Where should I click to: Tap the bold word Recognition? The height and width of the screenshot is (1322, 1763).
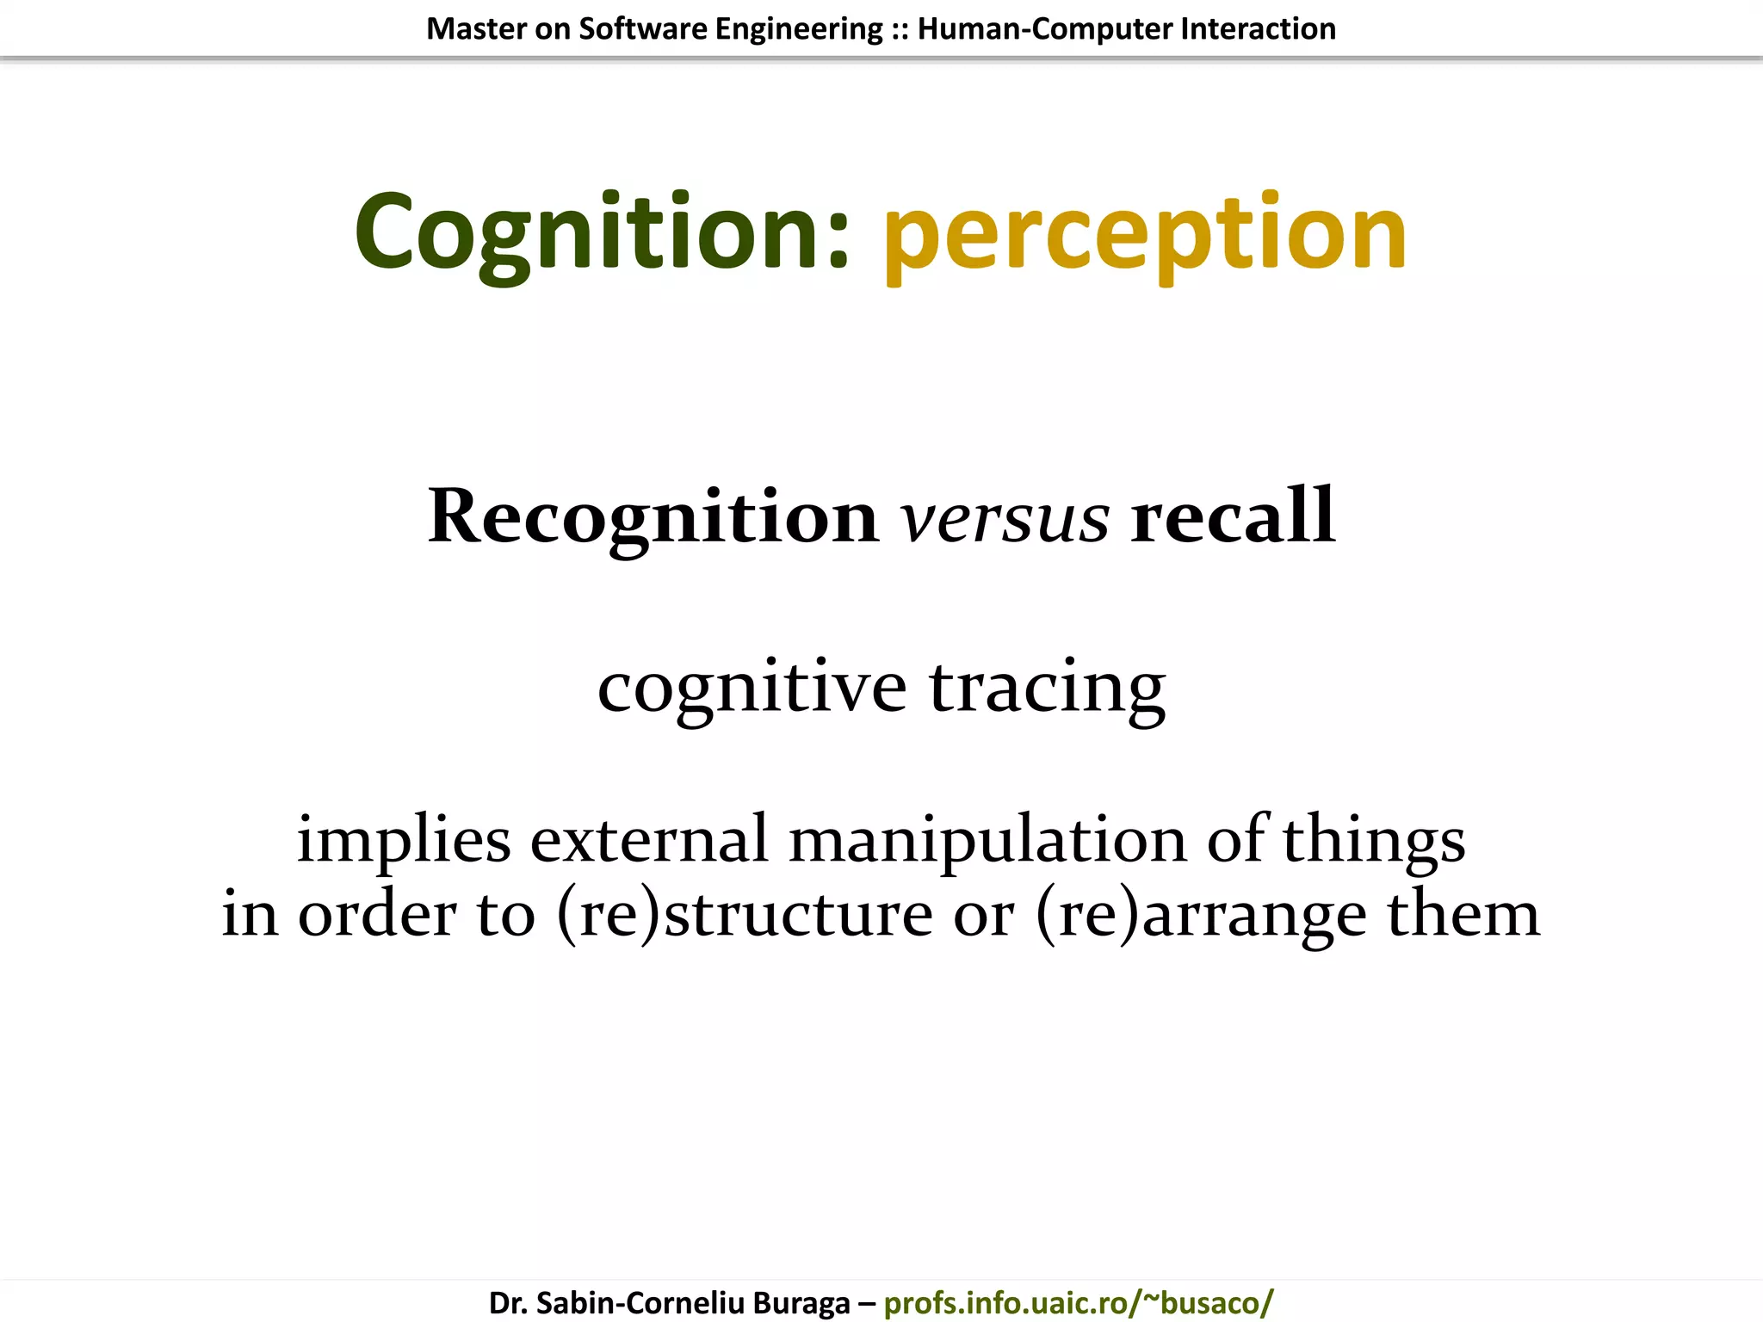[653, 516]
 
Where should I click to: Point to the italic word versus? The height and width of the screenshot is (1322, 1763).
[1005, 519]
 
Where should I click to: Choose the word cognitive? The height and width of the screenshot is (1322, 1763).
[752, 689]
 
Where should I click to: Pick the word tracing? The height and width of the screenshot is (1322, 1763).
[1048, 689]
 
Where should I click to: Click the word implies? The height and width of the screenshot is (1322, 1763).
[404, 840]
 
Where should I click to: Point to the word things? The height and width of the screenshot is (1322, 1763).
[1374, 840]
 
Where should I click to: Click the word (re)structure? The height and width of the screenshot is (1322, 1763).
[745, 914]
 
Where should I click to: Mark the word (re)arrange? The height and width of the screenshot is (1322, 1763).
[1201, 914]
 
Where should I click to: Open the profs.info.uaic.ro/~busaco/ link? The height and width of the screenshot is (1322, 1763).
[1079, 1302]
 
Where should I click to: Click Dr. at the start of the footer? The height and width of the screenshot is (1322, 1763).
[507, 1302]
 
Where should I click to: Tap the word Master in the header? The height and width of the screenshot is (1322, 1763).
[476, 29]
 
